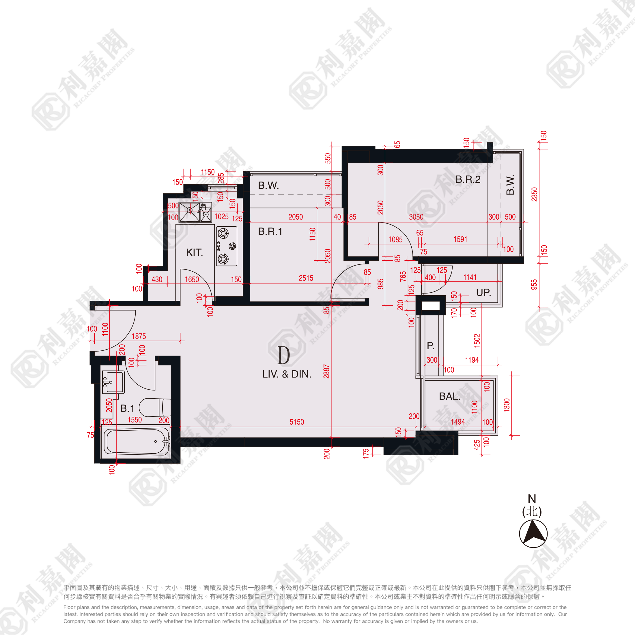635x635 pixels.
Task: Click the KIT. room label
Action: click(x=194, y=253)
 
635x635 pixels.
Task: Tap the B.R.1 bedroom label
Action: click(x=270, y=231)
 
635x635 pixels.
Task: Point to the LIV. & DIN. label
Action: click(x=287, y=374)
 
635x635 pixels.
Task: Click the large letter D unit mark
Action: click(x=284, y=355)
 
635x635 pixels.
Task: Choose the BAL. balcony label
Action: click(x=450, y=396)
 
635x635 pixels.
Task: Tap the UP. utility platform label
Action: click(x=483, y=292)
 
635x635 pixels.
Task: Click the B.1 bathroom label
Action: click(x=127, y=408)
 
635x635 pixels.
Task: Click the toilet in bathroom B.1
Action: click(x=155, y=408)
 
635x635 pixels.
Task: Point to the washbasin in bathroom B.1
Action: click(x=113, y=382)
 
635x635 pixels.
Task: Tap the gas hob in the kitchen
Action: click(x=227, y=246)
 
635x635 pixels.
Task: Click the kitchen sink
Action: click(x=195, y=212)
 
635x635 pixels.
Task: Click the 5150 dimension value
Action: click(x=297, y=422)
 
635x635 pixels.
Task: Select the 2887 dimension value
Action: click(x=326, y=371)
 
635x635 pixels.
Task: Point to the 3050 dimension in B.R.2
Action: click(x=416, y=217)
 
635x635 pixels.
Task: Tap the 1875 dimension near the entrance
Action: click(x=139, y=336)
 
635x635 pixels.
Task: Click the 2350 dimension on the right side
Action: click(x=535, y=195)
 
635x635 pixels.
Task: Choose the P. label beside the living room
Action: click(x=431, y=345)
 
